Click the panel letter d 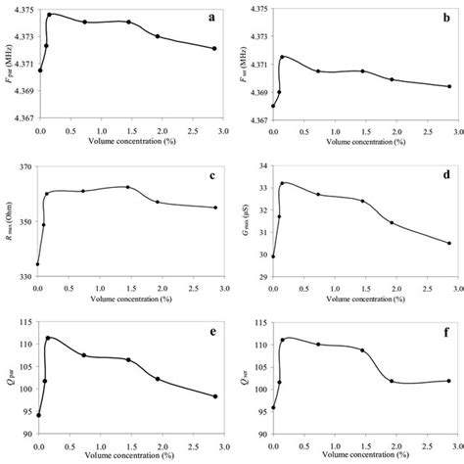[x=445, y=176]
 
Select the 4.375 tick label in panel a [x=23, y=10]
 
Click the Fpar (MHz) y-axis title [x=7, y=65]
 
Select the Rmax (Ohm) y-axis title [x=7, y=221]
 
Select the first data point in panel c [x=38, y=264]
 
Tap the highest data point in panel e [x=48, y=339]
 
